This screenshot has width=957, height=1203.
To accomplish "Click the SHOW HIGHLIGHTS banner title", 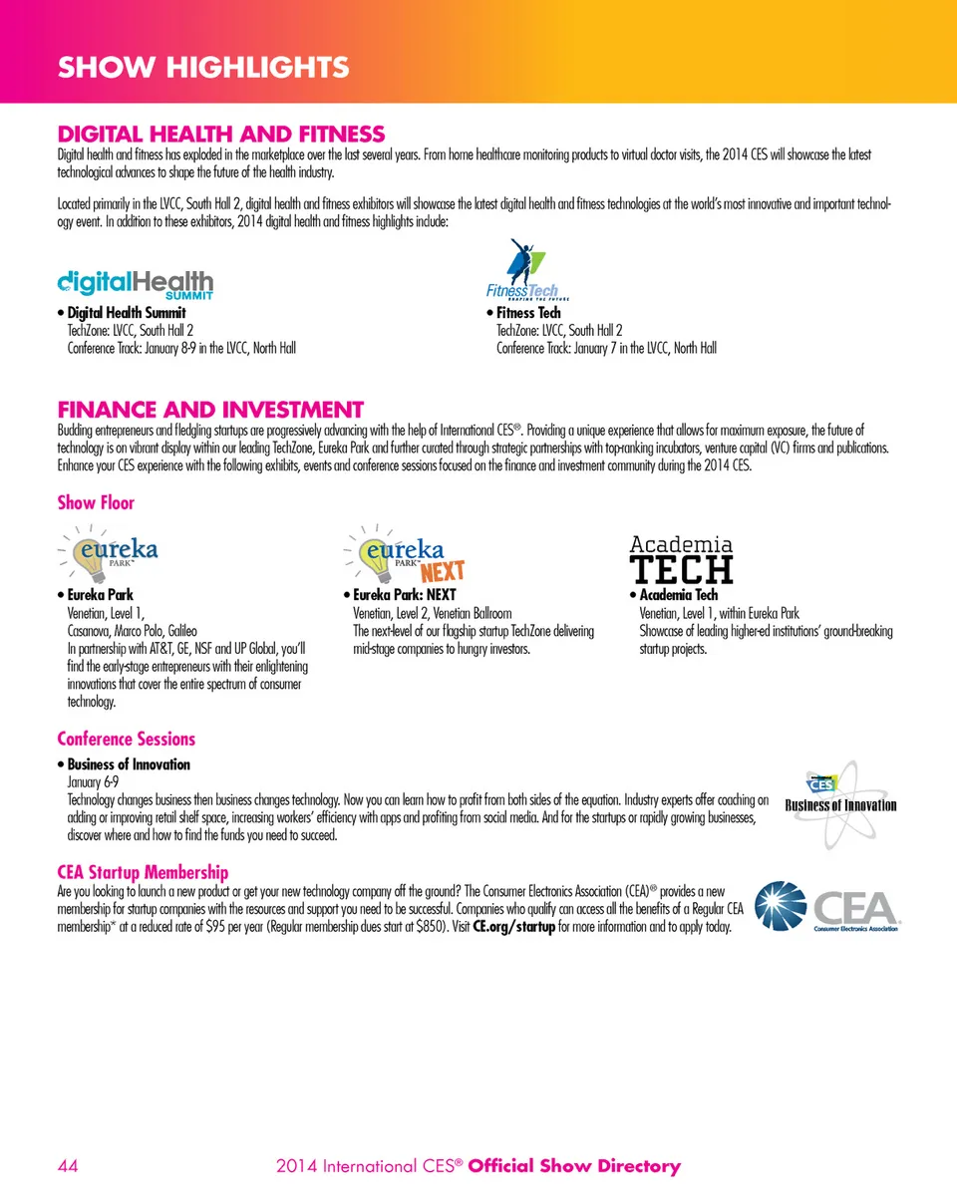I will [203, 68].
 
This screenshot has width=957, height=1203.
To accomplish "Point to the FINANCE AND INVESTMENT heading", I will [209, 410].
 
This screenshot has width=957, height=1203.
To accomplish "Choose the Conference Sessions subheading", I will [125, 740].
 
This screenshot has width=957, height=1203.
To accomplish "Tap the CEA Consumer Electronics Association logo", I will [829, 910].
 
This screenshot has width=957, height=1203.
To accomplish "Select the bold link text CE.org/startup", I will [513, 928].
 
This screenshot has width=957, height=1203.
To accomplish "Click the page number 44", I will [69, 1166].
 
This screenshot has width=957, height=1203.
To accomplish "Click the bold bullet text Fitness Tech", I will [528, 313].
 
